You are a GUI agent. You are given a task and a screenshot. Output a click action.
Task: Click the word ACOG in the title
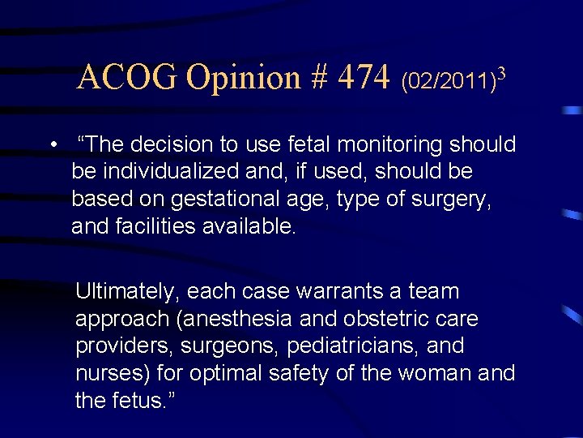128,78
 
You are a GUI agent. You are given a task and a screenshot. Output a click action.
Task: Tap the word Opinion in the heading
243,78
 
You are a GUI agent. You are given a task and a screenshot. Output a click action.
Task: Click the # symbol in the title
318,78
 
